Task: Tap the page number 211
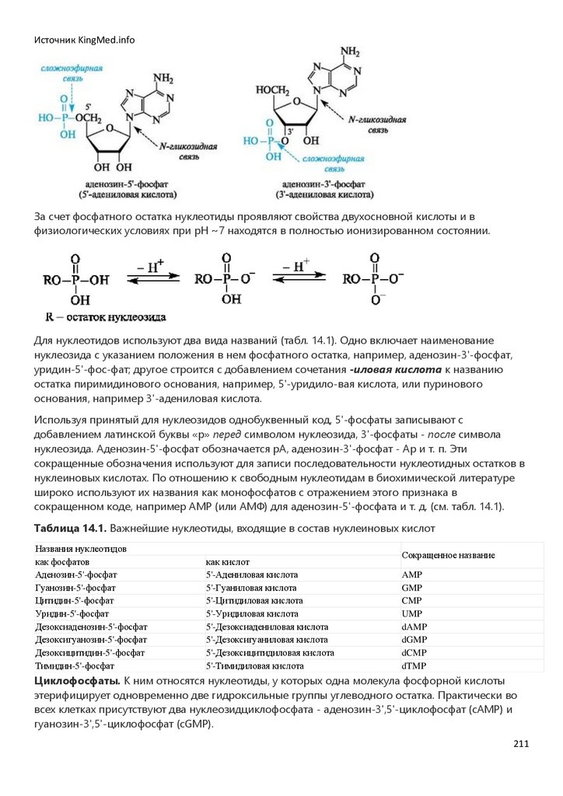[521, 744]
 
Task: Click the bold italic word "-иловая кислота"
[396, 369]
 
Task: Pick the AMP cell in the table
[411, 574]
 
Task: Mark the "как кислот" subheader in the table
[226, 561]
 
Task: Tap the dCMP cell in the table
[414, 653]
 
